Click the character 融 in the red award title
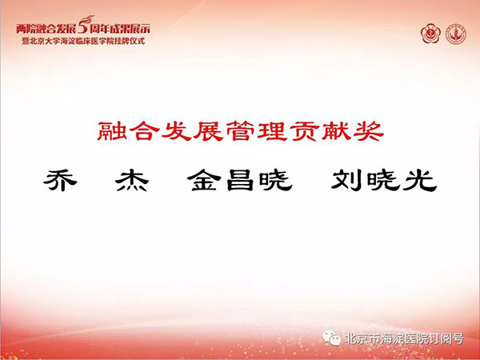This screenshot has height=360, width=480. [112, 131]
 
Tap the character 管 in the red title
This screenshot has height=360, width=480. [241, 131]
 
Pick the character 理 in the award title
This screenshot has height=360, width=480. [273, 131]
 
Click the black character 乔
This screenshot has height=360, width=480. [60, 180]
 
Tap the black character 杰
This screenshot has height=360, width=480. [132, 181]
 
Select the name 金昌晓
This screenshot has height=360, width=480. [240, 181]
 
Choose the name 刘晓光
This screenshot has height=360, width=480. [384, 181]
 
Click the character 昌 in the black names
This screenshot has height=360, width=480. [240, 181]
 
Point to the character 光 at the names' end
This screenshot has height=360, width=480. [420, 181]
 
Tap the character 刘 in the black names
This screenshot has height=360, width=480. [347, 181]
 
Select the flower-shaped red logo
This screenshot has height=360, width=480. [430, 34]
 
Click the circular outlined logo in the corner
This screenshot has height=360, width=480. [456, 34]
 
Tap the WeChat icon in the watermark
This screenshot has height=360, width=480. [331, 338]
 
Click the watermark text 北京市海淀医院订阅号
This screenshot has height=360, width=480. [404, 338]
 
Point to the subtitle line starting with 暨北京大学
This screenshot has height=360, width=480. [83, 41]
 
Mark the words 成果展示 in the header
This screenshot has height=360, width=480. [134, 29]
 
